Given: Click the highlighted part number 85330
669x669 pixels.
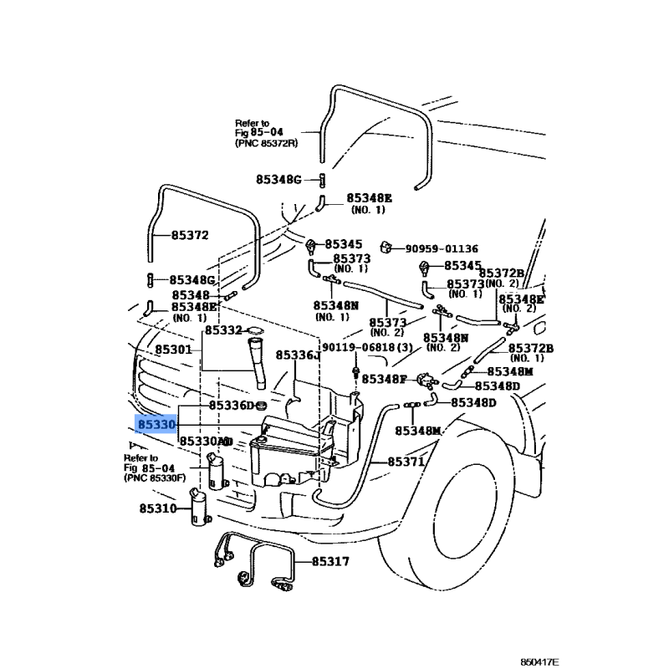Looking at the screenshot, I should point(156,425).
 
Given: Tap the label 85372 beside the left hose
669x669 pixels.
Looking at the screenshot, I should point(190,236).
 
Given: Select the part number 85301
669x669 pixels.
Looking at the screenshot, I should point(173,349).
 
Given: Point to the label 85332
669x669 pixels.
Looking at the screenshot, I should point(223,331).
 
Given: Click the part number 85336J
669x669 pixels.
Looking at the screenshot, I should point(298,355).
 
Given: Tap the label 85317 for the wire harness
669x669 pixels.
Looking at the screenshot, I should point(330,562).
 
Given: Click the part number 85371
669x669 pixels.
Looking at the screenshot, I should point(406,462).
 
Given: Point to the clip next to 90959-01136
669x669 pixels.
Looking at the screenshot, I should point(388,247).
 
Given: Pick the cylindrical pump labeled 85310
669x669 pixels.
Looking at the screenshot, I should point(201,510).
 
